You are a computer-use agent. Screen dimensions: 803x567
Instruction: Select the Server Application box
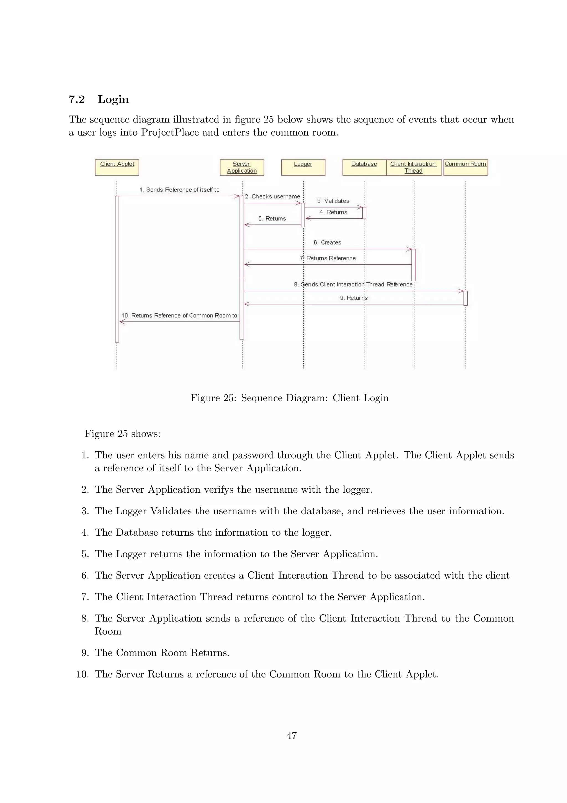click(x=242, y=167)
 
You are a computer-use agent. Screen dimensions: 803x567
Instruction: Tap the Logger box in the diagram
click(x=303, y=167)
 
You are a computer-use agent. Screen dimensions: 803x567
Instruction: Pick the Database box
click(x=364, y=167)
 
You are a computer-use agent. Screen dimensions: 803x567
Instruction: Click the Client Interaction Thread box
click(x=413, y=167)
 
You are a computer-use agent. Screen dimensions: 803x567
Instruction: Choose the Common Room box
click(x=465, y=167)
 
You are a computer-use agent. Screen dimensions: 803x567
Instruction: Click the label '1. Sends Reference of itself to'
click(x=180, y=190)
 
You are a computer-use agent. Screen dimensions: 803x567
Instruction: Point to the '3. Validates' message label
click(x=333, y=201)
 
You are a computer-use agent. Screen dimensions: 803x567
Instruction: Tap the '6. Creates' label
click(x=327, y=242)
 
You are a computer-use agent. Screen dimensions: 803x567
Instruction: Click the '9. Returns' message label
click(x=354, y=298)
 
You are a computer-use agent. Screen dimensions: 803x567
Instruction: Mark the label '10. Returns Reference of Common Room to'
click(x=179, y=315)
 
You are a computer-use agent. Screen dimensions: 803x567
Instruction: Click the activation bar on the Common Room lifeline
click(x=465, y=298)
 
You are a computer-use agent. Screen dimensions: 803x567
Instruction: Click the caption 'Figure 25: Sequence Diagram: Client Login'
click(x=289, y=398)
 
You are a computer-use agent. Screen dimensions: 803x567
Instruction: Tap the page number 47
click(x=291, y=735)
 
